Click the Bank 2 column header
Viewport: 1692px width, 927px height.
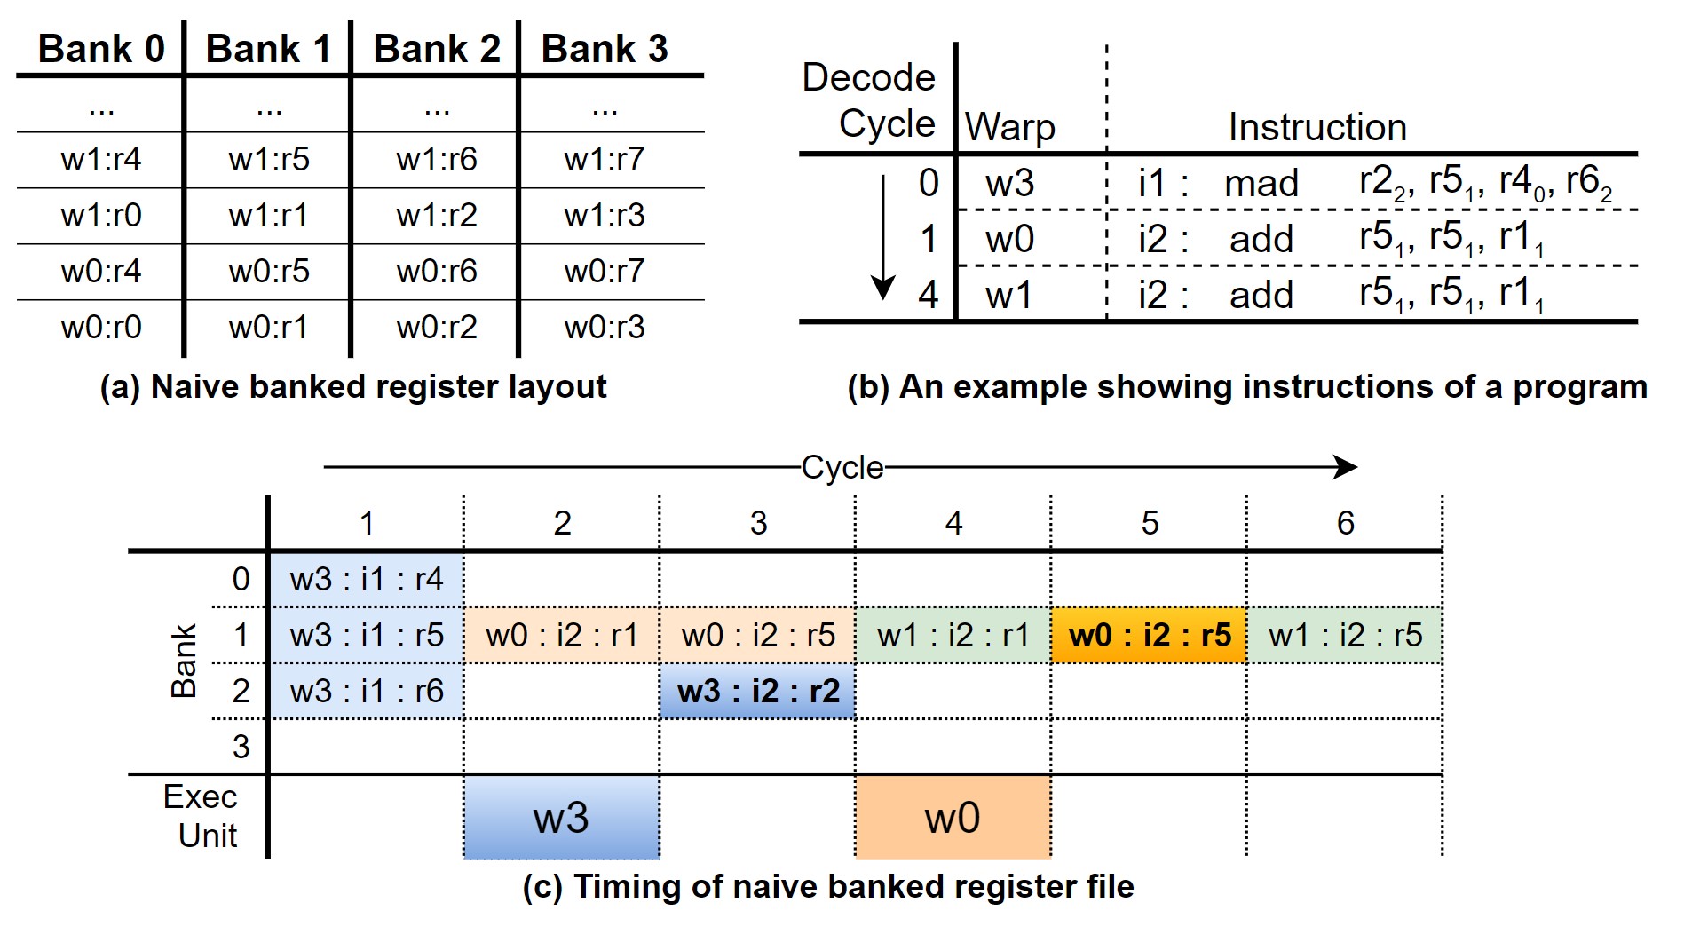tap(436, 48)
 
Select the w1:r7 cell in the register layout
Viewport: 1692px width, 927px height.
tap(604, 160)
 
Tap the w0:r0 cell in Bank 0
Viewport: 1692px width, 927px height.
tap(101, 327)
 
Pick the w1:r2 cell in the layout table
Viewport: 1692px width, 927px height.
tap(436, 215)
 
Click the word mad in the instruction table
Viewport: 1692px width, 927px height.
tap(1261, 184)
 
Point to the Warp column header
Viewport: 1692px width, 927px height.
tap(1010, 127)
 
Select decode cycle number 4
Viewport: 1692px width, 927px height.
tap(929, 295)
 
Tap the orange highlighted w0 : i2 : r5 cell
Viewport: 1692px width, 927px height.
tap(1150, 636)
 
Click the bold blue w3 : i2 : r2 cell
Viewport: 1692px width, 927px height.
tap(758, 691)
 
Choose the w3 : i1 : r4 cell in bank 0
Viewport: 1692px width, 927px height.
tap(367, 579)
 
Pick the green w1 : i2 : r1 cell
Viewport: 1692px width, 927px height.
tap(953, 636)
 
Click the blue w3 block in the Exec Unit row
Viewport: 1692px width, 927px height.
tap(562, 818)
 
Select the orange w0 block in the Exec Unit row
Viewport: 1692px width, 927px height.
tap(953, 818)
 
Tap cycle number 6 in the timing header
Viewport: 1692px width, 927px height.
tap(1346, 523)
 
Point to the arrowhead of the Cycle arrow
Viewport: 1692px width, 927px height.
tap(1356, 467)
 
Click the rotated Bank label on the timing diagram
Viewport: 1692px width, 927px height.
tap(184, 662)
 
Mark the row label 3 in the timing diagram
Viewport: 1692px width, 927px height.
tap(241, 747)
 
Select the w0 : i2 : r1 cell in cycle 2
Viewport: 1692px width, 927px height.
tap(562, 636)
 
